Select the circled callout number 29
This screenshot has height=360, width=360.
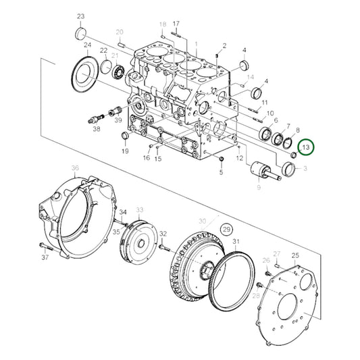click(226, 230)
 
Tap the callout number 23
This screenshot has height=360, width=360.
click(81, 16)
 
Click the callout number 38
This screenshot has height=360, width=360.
click(96, 129)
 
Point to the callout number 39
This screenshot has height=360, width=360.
click(118, 120)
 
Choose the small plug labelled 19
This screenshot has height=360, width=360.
click(124, 138)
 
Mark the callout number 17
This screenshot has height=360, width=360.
click(176, 24)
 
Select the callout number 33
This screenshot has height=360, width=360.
click(140, 210)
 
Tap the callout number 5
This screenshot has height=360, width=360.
click(220, 173)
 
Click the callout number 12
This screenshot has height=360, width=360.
click(239, 158)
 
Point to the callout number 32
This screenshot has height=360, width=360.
click(163, 233)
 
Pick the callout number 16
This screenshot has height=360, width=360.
click(146, 158)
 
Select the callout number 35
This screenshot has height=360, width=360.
click(117, 232)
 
